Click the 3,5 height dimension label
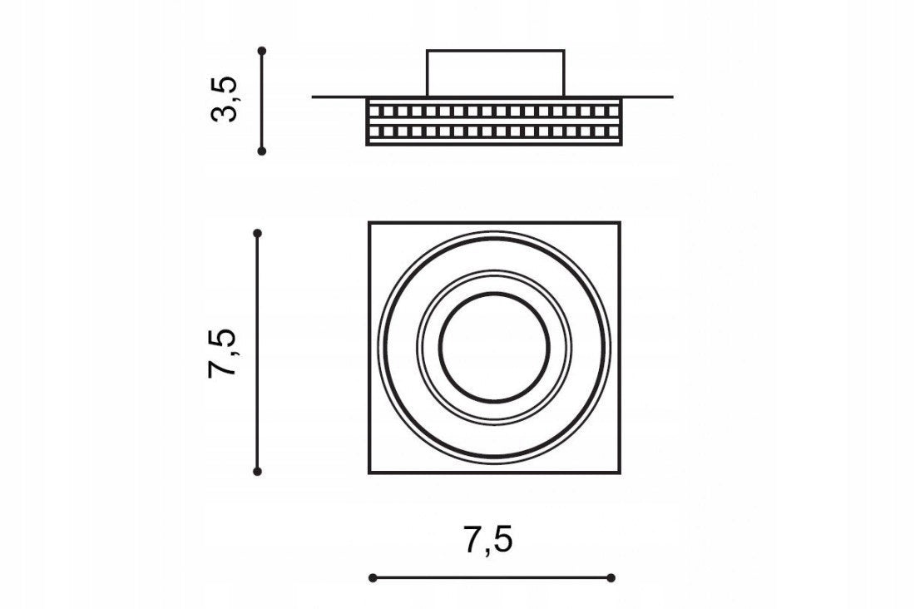225,99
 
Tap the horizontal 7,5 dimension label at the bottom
488,539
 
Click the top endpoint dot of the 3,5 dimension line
262,51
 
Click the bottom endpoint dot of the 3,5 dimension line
262,151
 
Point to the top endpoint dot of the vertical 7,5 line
257,234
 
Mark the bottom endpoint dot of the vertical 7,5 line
257,471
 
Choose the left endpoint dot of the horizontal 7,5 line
373,578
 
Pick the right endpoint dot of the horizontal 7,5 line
611,578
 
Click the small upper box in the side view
496,73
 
